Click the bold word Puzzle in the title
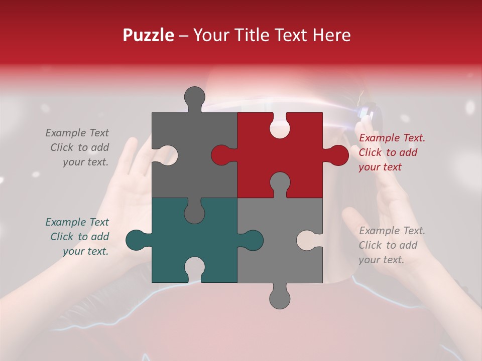tap(149, 35)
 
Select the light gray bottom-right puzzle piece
tap(271, 256)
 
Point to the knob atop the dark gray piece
tap(195, 96)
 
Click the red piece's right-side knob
tap(338, 155)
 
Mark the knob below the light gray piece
tap(280, 298)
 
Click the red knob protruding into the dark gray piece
tap(221, 155)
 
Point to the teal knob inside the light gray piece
tap(253, 240)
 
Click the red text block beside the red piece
tap(392, 152)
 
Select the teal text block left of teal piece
tap(77, 237)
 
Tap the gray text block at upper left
tap(77, 147)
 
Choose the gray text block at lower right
tap(392, 245)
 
